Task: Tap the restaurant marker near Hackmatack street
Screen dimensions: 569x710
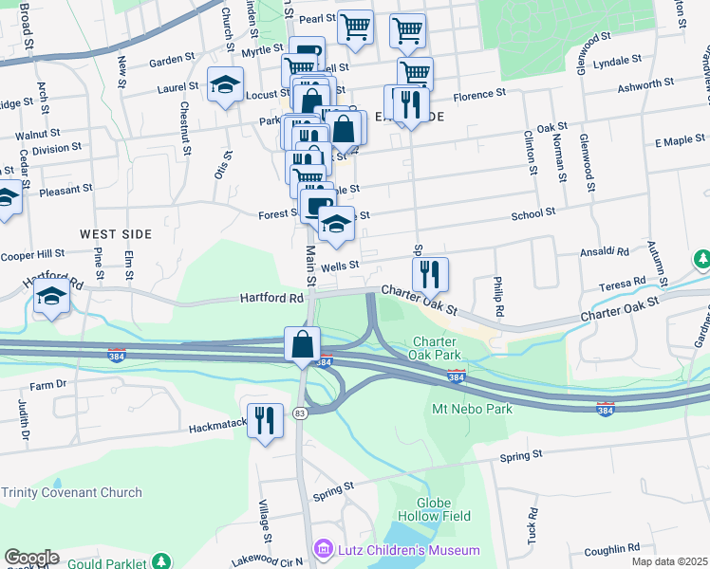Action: tap(265, 418)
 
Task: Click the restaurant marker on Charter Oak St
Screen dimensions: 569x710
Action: tap(430, 273)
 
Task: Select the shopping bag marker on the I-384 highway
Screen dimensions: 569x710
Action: tap(302, 344)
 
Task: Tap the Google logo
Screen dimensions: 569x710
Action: tap(31, 558)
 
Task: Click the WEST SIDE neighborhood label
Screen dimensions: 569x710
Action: tap(116, 233)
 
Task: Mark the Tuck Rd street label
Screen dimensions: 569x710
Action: tap(532, 519)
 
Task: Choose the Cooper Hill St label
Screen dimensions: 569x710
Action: tap(31, 254)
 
